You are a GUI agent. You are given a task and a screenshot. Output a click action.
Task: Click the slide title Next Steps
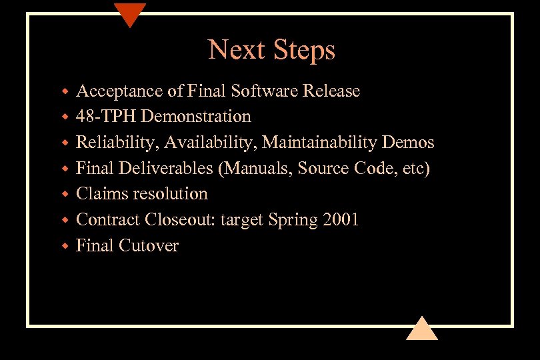271,50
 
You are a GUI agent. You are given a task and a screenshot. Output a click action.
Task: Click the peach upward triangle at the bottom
421,329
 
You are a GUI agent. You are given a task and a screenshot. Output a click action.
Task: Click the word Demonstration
197,117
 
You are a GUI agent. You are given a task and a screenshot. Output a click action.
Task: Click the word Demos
409,143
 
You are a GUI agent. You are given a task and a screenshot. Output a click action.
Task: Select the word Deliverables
166,168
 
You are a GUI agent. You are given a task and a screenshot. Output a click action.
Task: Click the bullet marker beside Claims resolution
65,195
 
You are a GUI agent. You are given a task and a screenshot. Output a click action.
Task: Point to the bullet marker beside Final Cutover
65,247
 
